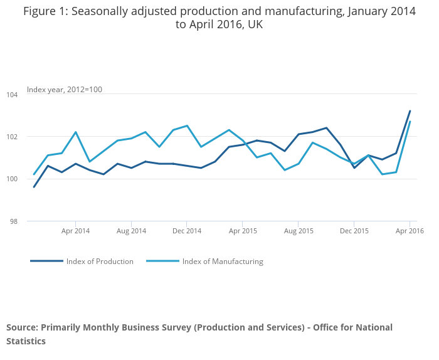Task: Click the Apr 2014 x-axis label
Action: point(75,231)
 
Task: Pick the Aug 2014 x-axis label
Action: point(131,231)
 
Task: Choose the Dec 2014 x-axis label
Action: point(187,231)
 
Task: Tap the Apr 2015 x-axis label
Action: point(243,231)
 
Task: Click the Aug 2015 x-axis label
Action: point(299,231)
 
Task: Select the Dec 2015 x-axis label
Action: point(354,231)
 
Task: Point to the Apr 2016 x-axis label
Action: point(410,231)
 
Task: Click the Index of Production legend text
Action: point(100,262)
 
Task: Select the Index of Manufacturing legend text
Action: point(223,262)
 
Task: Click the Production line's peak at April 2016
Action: point(410,111)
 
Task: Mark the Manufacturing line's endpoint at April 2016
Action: point(410,122)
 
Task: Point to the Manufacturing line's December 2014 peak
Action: point(187,125)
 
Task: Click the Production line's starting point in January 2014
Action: point(34,187)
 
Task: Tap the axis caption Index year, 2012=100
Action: point(65,90)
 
